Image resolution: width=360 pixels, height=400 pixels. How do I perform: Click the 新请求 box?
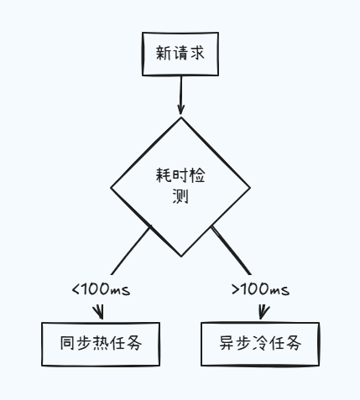(180, 54)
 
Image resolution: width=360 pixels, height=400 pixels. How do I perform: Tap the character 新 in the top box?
(164, 54)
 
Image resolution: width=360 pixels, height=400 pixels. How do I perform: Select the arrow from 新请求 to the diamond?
(180, 94)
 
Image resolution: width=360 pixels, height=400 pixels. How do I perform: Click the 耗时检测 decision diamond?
(180, 186)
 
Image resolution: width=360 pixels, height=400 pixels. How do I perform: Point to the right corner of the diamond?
(248, 187)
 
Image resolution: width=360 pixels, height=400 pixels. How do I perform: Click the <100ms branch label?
(102, 289)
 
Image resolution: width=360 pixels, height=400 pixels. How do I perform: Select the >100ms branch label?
(260, 289)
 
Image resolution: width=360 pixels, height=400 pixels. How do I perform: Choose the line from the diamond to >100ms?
(232, 252)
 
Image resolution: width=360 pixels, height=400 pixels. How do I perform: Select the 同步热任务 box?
(101, 344)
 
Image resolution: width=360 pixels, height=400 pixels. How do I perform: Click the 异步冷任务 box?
(259, 344)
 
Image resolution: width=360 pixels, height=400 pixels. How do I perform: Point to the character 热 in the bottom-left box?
(101, 344)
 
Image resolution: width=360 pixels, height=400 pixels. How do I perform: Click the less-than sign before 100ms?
(76, 289)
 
